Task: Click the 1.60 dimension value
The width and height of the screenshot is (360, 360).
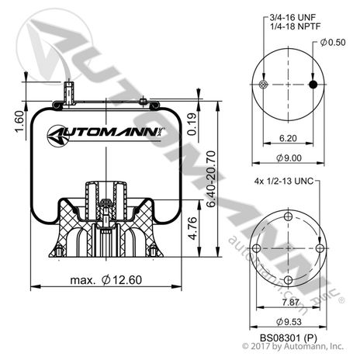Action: coord(17,121)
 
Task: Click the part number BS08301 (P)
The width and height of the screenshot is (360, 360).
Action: coord(287,334)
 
